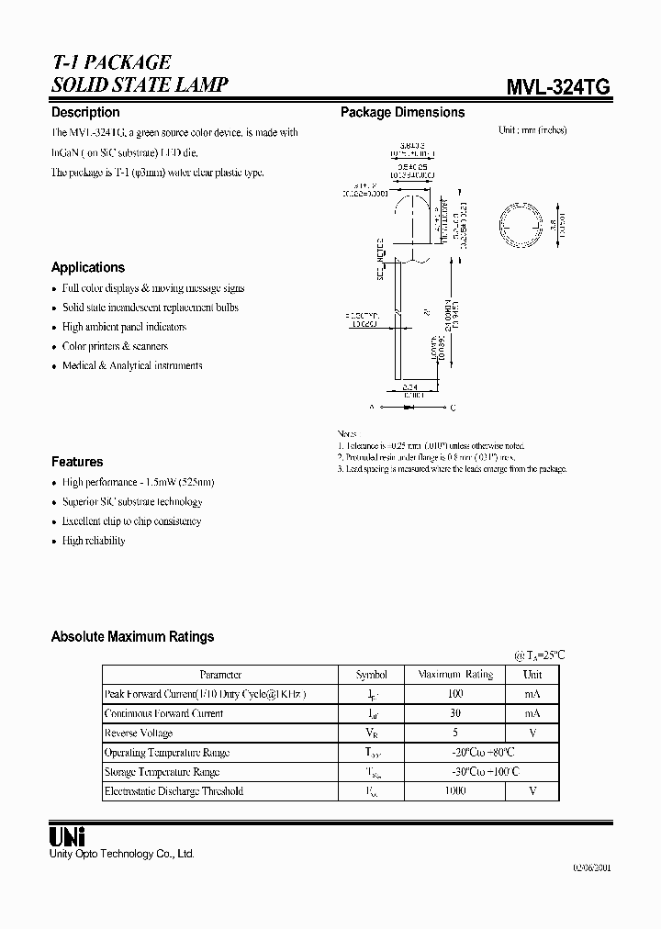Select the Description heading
click(x=85, y=112)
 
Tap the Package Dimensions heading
click(x=402, y=112)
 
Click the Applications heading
click(x=88, y=267)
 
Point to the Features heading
click(x=77, y=462)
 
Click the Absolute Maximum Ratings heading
click(x=132, y=636)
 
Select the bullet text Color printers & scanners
click(x=115, y=346)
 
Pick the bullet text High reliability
click(x=94, y=541)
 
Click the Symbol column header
click(x=370, y=675)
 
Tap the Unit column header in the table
click(x=532, y=675)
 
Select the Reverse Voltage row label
click(x=139, y=733)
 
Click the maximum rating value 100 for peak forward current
click(x=455, y=694)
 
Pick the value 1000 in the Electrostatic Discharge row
click(x=455, y=790)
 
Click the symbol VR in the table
click(x=370, y=733)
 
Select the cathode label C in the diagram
click(x=453, y=407)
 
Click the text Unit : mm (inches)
click(x=532, y=130)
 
